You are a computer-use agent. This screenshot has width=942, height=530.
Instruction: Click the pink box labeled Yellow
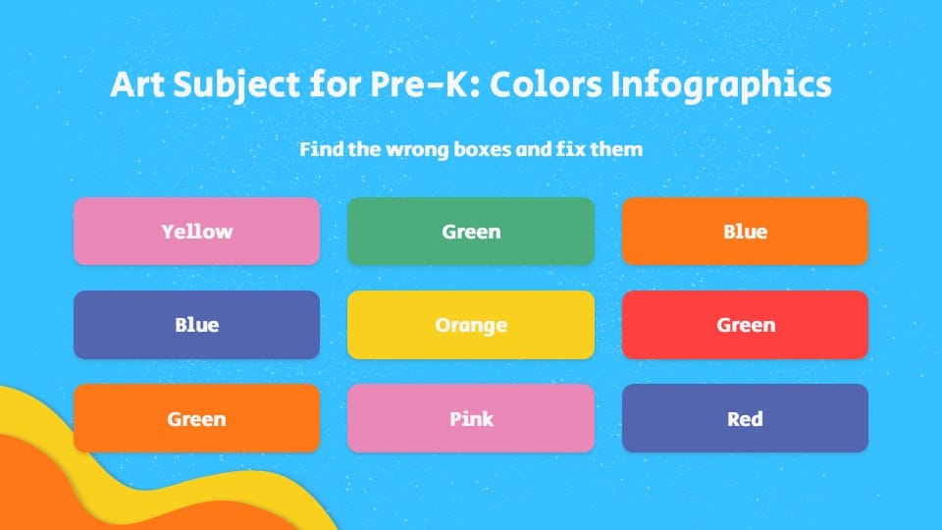pos(196,232)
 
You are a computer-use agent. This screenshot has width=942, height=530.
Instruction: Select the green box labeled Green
pos(471,232)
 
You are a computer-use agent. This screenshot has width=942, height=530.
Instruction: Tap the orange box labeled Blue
pos(745,232)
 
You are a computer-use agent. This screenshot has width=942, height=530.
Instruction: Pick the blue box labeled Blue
pos(196,325)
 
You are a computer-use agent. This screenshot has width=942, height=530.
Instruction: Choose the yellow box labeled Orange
pos(471,325)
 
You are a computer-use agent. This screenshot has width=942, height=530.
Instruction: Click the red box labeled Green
pos(745,325)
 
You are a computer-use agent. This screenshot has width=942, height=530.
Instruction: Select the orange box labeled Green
pos(196,418)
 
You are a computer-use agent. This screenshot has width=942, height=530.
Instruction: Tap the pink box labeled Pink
pos(471,418)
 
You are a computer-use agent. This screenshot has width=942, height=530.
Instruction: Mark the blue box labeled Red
pos(745,418)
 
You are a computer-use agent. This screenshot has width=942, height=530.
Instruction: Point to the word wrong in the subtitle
pos(420,150)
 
